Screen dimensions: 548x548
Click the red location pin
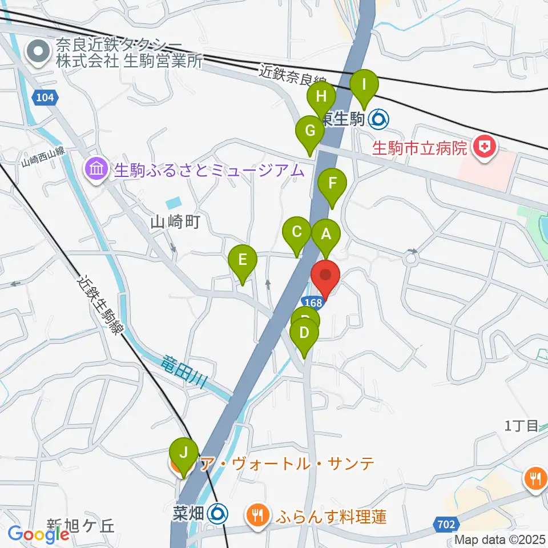point(325,277)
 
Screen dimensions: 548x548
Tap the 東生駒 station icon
point(380,119)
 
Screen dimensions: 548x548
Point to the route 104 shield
point(45,98)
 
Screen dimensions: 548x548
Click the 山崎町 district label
point(175,222)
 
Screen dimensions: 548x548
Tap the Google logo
point(39,534)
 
